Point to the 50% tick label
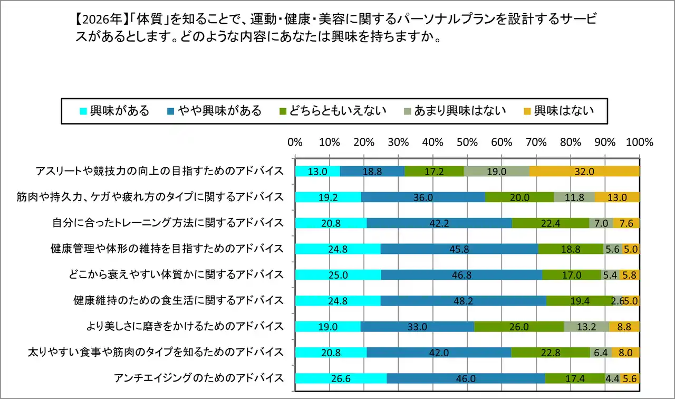click(467, 142)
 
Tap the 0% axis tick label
click(295, 142)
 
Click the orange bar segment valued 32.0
click(584, 171)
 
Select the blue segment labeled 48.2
click(463, 301)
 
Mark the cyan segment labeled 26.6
click(341, 378)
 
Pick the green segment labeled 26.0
click(518, 327)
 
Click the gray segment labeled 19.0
click(496, 171)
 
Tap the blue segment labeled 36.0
click(423, 197)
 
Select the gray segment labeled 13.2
click(586, 327)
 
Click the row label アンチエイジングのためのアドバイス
click(199, 378)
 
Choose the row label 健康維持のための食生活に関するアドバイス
click(178, 301)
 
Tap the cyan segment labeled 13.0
click(317, 171)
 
